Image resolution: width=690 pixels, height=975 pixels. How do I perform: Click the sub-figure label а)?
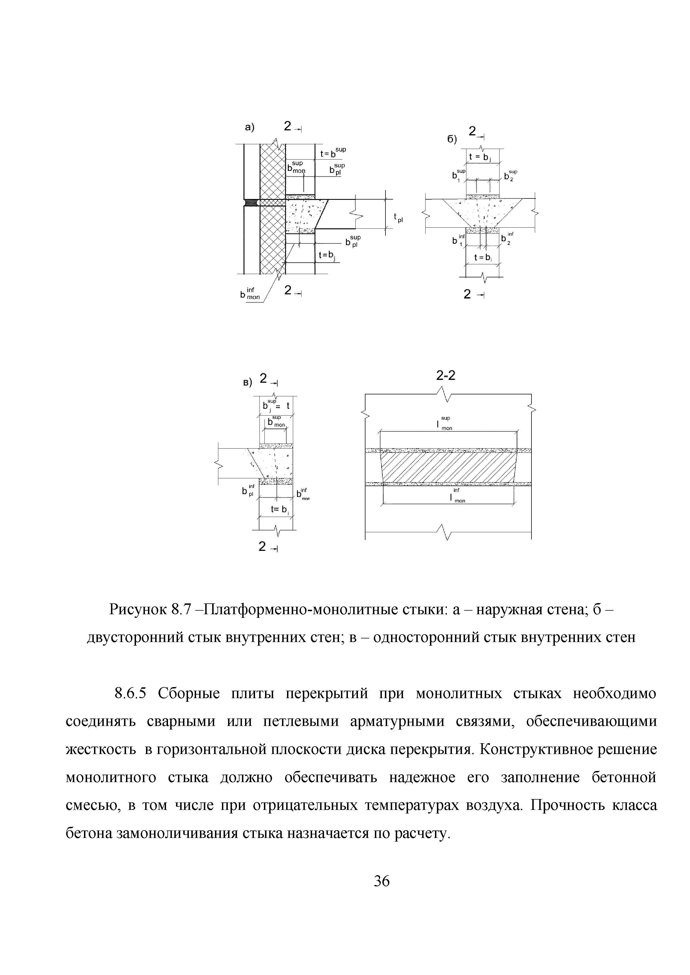tap(249, 127)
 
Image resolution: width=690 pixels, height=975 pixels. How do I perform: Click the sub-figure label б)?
tap(452, 140)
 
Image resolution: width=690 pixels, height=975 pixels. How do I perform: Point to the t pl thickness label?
tap(398, 218)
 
